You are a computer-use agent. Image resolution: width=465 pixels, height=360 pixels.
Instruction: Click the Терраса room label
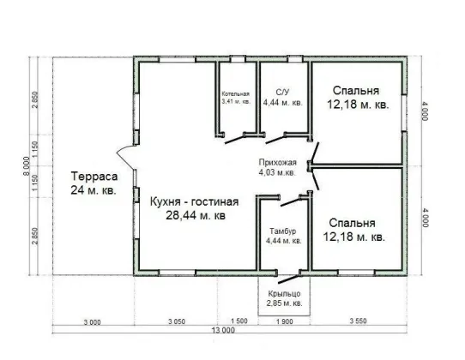94,177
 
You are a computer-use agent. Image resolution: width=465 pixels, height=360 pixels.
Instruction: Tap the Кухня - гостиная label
195,201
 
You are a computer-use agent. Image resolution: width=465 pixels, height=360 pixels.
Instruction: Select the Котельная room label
236,94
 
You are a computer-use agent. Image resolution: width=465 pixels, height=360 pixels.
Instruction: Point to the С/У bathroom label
282,93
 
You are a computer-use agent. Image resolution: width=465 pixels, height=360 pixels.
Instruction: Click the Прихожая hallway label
278,163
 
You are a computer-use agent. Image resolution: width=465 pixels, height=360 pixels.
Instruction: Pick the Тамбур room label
283,231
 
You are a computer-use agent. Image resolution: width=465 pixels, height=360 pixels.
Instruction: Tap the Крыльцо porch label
284,294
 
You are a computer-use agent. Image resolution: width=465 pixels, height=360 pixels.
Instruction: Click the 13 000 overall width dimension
223,330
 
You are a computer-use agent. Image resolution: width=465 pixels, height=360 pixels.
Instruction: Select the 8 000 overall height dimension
27,166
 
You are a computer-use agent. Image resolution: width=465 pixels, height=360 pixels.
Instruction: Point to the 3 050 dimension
177,321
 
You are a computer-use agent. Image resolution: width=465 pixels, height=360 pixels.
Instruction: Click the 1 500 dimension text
239,321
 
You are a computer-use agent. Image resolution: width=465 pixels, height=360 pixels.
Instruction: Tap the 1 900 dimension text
284,321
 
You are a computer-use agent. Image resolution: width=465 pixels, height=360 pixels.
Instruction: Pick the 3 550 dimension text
358,321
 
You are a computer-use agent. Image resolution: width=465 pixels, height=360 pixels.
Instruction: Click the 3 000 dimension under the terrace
92,322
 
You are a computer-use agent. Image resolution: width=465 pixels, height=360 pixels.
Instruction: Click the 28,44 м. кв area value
196,215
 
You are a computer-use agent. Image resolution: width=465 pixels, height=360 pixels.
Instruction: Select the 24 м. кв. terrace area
94,190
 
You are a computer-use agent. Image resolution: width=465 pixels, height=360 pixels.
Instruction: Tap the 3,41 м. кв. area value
236,101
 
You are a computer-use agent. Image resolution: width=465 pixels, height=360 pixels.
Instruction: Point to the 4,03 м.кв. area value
277,172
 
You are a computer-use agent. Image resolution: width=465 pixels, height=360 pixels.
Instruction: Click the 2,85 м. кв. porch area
284,303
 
